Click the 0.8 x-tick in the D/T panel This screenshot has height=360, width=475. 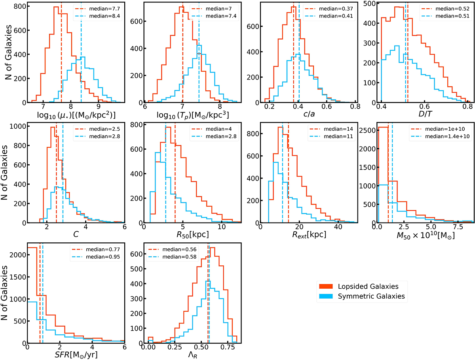(467, 108)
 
